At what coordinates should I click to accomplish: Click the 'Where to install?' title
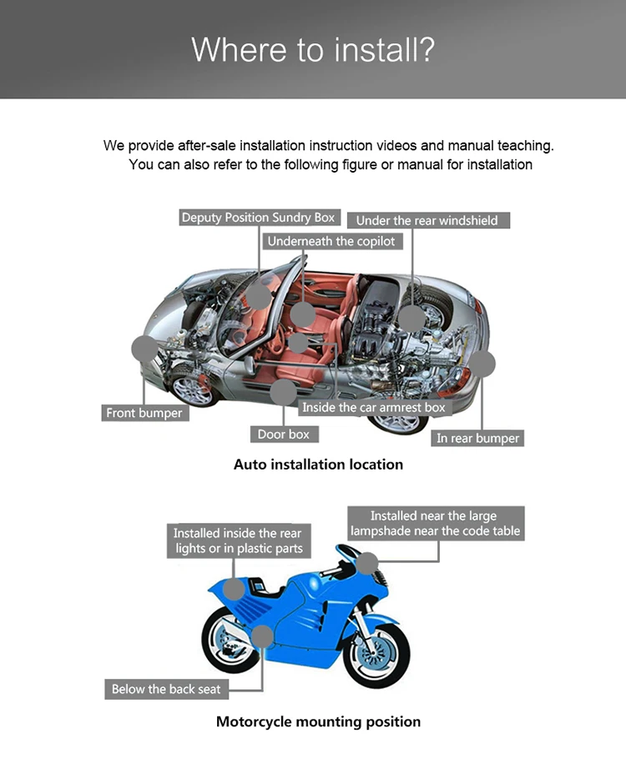[313, 49]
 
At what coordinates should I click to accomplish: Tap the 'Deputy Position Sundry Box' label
[259, 218]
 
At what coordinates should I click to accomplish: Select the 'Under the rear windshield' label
[427, 220]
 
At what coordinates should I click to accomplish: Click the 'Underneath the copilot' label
[331, 241]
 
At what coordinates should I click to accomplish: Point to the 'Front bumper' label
[144, 413]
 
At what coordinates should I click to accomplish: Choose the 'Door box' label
[284, 434]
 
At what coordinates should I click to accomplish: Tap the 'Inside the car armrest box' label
[374, 407]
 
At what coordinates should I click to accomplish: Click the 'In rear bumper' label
[477, 438]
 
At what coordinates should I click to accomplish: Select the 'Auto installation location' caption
[318, 465]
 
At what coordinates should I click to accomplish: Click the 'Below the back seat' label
[167, 689]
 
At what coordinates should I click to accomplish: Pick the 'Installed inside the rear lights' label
[238, 540]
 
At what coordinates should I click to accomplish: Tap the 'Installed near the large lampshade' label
[435, 523]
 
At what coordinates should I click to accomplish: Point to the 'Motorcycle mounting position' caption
[318, 721]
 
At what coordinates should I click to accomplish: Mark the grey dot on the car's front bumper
[144, 349]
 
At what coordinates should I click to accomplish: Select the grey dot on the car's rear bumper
[483, 364]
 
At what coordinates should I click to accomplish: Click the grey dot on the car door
[284, 391]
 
